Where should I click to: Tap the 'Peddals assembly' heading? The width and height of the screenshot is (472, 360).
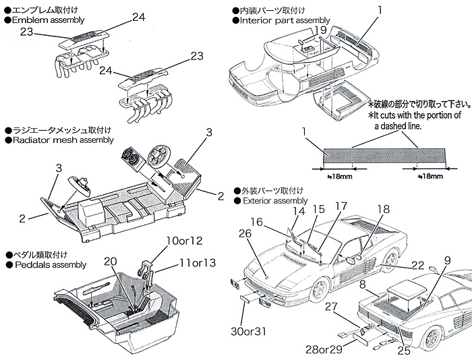pos(47,265)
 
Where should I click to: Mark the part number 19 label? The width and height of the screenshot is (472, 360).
pos(320,30)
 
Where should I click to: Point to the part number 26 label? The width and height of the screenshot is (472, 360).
pos(245,233)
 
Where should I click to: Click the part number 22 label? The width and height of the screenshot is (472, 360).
pos(418,265)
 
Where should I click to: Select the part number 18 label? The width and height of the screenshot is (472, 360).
pos(383,210)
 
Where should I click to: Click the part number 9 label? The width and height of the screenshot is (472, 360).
pos(446,260)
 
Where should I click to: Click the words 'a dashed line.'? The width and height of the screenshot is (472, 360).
pos(394,125)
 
